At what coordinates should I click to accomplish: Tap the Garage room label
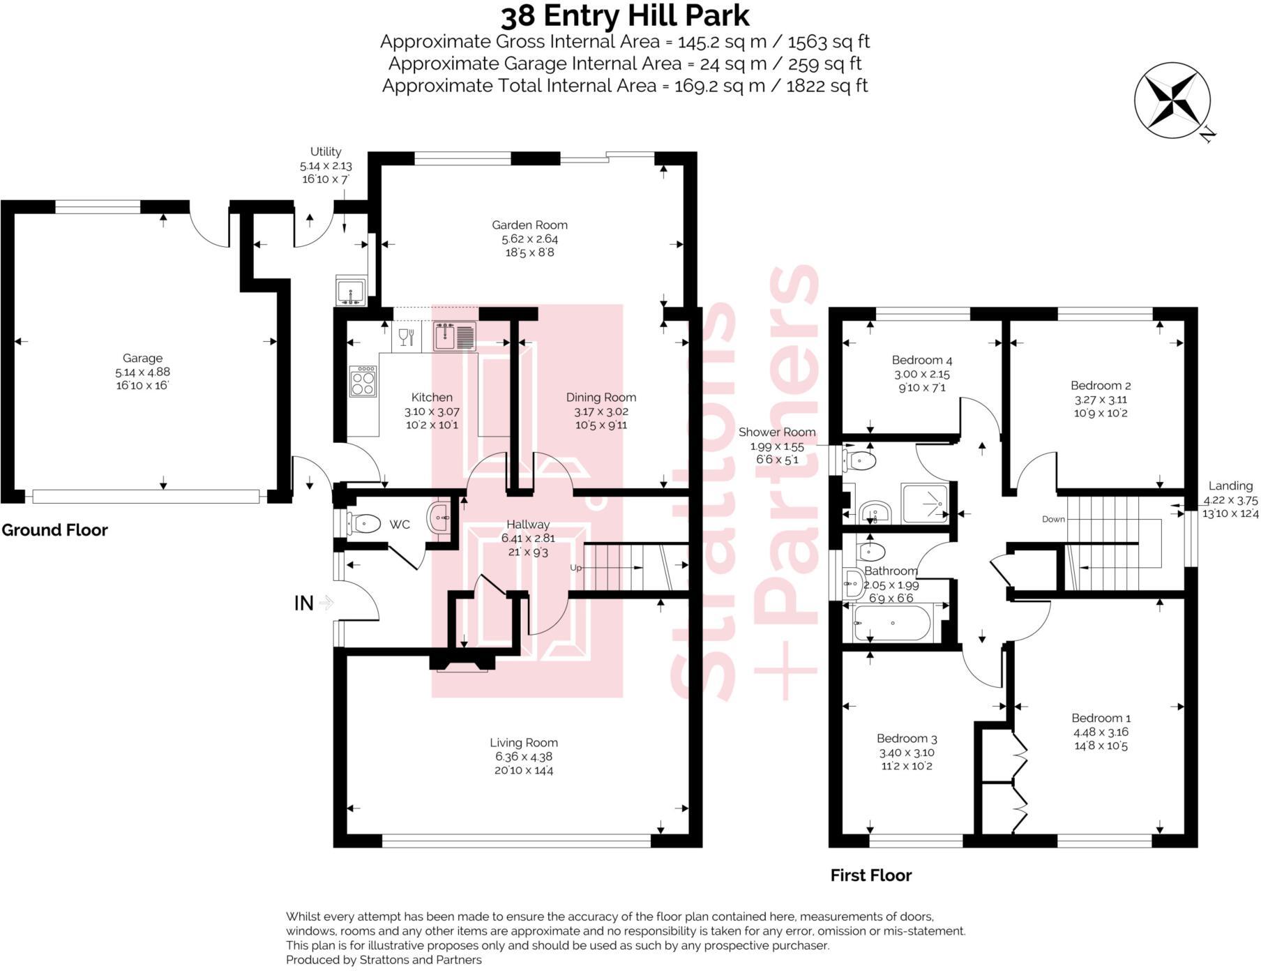pyautogui.click(x=142, y=359)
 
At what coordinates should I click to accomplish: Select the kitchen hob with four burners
pyautogui.click(x=363, y=381)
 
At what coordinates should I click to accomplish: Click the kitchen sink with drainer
pyautogui.click(x=454, y=336)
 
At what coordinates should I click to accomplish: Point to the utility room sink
pyautogui.click(x=350, y=290)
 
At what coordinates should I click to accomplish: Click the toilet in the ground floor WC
pyautogui.click(x=364, y=522)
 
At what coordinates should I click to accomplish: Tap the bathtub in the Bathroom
pyautogui.click(x=892, y=623)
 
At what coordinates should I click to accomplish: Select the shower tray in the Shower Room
pyautogui.click(x=925, y=503)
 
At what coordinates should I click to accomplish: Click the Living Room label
pyautogui.click(x=523, y=743)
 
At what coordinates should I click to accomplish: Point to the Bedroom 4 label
pyautogui.click(x=921, y=361)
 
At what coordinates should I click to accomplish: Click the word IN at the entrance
pyautogui.click(x=303, y=603)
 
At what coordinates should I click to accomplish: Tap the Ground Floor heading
pyautogui.click(x=54, y=530)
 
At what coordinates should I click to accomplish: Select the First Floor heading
pyautogui.click(x=870, y=875)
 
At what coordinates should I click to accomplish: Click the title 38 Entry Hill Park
pyautogui.click(x=625, y=15)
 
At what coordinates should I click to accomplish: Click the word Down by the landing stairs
pyautogui.click(x=1053, y=519)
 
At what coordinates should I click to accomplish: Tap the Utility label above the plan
pyautogui.click(x=326, y=151)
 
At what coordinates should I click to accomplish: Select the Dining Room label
pyautogui.click(x=601, y=398)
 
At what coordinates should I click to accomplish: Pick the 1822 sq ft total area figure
pyautogui.click(x=826, y=86)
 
